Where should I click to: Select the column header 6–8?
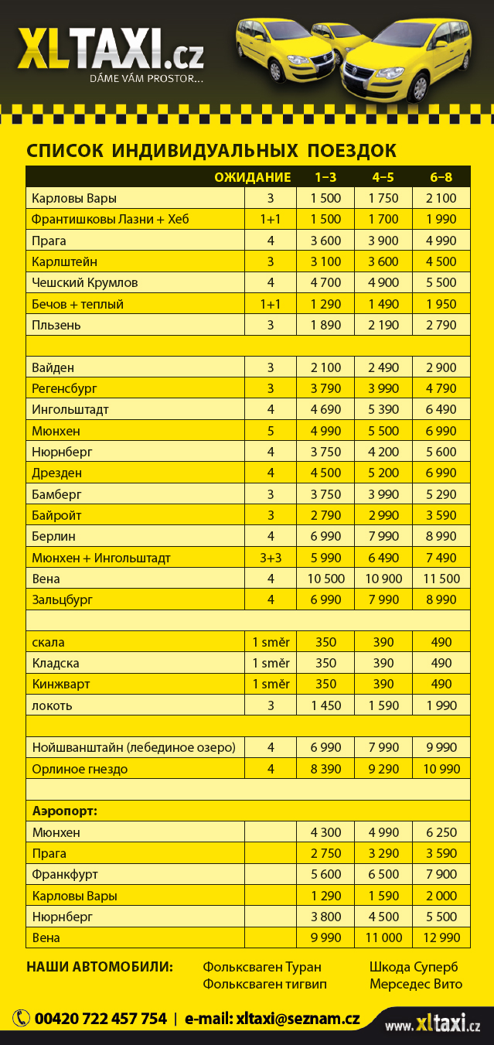441,177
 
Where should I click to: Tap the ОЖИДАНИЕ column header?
252,177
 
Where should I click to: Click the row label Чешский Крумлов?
85,282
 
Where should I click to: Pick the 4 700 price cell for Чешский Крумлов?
325,282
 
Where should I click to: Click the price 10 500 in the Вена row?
325,579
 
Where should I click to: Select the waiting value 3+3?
271,558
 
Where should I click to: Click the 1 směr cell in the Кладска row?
271,663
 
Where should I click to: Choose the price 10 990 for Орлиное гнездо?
441,769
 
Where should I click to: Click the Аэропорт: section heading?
70,811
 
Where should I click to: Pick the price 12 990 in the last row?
441,938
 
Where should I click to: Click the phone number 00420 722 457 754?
100,1019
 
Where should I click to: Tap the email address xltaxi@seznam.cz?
298,1019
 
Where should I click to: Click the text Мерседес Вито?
416,985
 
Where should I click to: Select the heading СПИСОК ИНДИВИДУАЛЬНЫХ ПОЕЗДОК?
211,150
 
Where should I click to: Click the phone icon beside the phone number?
21,1019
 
